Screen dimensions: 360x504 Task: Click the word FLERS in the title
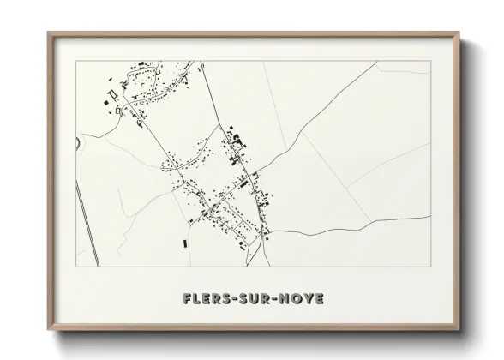(206, 299)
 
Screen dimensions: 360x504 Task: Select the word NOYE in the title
(300, 299)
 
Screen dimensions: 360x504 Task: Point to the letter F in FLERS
(187, 299)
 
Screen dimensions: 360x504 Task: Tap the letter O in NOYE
(295, 299)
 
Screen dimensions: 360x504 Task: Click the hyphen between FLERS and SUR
(232, 300)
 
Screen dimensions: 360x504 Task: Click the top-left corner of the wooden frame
(48, 33)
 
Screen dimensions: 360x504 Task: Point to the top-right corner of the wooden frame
(459, 33)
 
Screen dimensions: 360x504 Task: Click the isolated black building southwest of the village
(184, 243)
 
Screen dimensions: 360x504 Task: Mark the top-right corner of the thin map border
(431, 61)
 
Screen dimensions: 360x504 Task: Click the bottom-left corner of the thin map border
(76, 267)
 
